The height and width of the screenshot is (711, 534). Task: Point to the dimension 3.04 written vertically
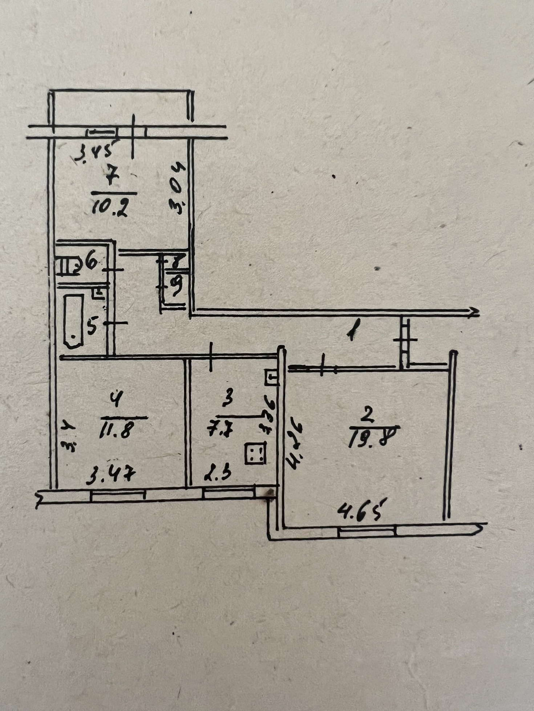(x=178, y=188)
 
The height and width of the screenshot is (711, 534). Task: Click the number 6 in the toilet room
(x=91, y=262)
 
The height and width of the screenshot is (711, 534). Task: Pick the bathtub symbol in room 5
(x=74, y=321)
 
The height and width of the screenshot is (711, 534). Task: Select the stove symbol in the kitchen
(x=255, y=453)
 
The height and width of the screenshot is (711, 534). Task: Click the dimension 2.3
(x=218, y=474)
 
